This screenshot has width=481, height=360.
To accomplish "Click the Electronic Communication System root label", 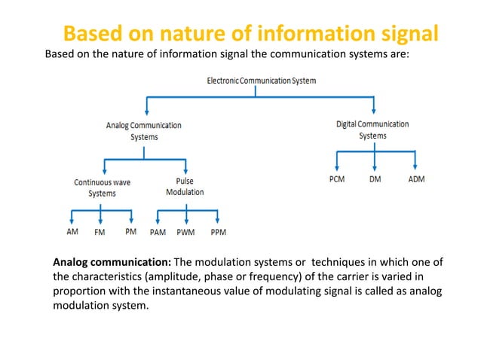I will click(x=262, y=80).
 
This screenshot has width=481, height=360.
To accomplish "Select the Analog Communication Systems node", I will click(x=144, y=131).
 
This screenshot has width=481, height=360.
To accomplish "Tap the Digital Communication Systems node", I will click(x=372, y=130).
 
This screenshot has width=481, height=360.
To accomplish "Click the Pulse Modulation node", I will click(x=184, y=187).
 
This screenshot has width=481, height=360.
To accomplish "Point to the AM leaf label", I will click(x=72, y=232).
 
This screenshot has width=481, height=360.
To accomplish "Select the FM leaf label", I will click(x=100, y=233).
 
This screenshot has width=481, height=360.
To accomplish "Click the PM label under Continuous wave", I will click(x=130, y=232).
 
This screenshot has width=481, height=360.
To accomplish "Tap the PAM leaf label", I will click(x=158, y=233).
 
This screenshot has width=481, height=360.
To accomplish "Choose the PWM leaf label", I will click(x=185, y=233).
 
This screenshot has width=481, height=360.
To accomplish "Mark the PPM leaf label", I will click(x=219, y=233).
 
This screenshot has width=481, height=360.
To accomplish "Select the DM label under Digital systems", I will click(x=375, y=179).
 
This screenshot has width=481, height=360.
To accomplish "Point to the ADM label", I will click(x=415, y=179).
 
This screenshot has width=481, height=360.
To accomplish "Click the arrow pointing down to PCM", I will click(x=336, y=163).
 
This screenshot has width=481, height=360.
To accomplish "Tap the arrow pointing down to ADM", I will click(x=414, y=163).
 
